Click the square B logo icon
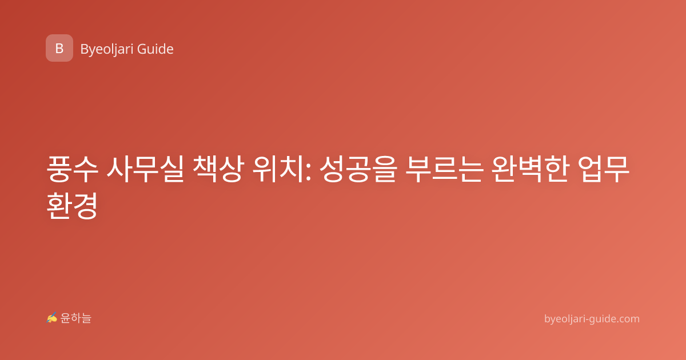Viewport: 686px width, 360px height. click(59, 48)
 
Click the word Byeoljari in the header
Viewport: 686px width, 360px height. click(106, 50)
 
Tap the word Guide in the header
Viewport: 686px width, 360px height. click(155, 49)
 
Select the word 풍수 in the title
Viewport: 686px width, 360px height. click(73, 169)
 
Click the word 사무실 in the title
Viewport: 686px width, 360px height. click(145, 169)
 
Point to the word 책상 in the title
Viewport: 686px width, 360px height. click(218, 169)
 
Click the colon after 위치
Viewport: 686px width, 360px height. click(308, 172)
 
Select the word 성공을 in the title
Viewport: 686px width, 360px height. click(358, 169)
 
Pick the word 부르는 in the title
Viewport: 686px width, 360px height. click(444, 169)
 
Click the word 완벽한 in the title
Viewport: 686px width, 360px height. click(530, 169)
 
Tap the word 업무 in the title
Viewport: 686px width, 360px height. click(603, 169)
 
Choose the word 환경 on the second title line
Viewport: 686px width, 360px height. click(73, 205)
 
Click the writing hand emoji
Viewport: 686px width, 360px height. click(52, 318)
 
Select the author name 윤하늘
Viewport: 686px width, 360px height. click(75, 318)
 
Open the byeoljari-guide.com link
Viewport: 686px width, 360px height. click(592, 319)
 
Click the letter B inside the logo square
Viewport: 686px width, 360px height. click(59, 49)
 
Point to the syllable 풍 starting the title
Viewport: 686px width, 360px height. click(59, 169)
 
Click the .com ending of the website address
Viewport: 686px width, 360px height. click(627, 319)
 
